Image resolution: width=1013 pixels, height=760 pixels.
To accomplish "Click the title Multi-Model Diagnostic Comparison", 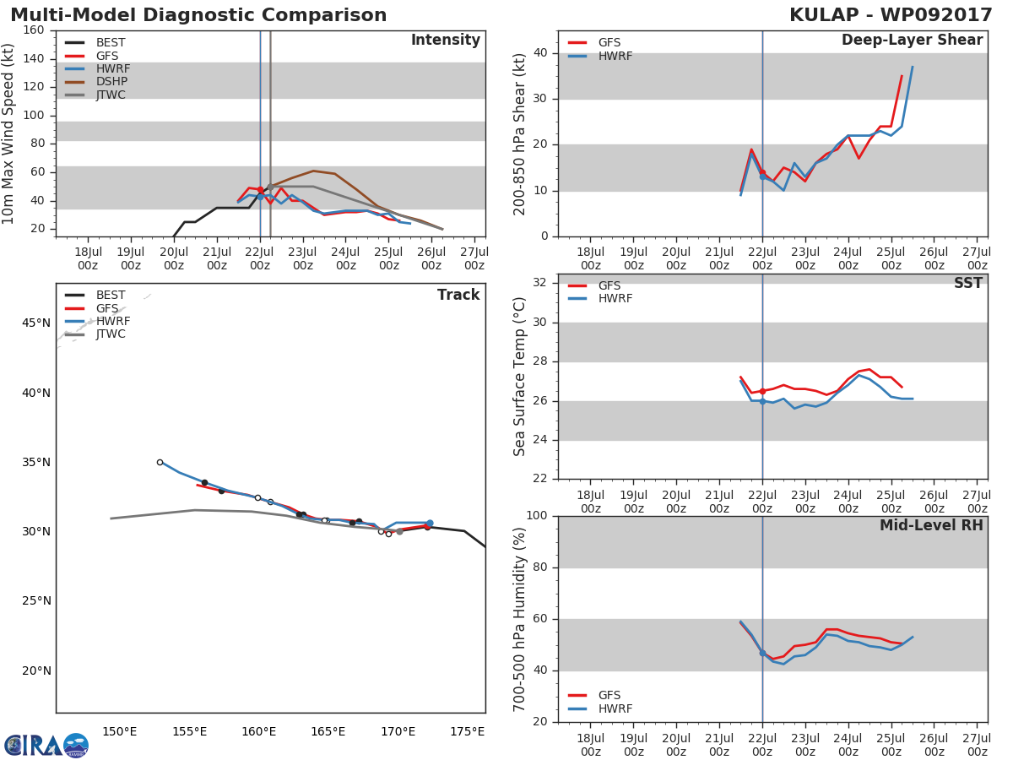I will [x=198, y=15].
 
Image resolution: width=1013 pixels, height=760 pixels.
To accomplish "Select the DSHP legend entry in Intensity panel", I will [x=111, y=82].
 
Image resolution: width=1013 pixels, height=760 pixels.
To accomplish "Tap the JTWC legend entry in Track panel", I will [x=111, y=334].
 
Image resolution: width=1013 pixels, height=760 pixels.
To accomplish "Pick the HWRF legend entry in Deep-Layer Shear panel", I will [x=615, y=56].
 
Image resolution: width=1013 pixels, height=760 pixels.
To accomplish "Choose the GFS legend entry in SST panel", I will [x=609, y=285].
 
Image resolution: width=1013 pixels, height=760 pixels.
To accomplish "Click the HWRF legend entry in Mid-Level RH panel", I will [x=615, y=708].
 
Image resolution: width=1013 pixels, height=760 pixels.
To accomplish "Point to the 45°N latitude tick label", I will [x=35, y=323].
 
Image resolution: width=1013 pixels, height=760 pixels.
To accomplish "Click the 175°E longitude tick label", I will [x=467, y=731].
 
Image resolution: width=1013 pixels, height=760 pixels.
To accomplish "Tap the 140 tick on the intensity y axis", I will [x=33, y=59].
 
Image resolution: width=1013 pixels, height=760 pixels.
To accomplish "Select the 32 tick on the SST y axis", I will [x=539, y=283].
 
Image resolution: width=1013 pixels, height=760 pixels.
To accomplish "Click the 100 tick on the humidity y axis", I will [x=535, y=516].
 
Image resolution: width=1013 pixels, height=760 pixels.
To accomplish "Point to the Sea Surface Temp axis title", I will [x=520, y=377].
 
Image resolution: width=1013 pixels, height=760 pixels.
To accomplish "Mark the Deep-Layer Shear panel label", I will [x=912, y=41].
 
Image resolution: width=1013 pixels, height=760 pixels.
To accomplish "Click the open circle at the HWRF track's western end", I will [x=160, y=462].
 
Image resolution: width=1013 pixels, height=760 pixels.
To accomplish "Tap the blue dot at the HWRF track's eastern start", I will [x=430, y=524].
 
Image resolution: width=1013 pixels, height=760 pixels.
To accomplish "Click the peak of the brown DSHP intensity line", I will [x=313, y=171].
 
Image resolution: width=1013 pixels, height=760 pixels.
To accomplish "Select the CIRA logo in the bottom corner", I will [x=46, y=745].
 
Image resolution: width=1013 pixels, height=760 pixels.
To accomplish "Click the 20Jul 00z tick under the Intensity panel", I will [x=174, y=258].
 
